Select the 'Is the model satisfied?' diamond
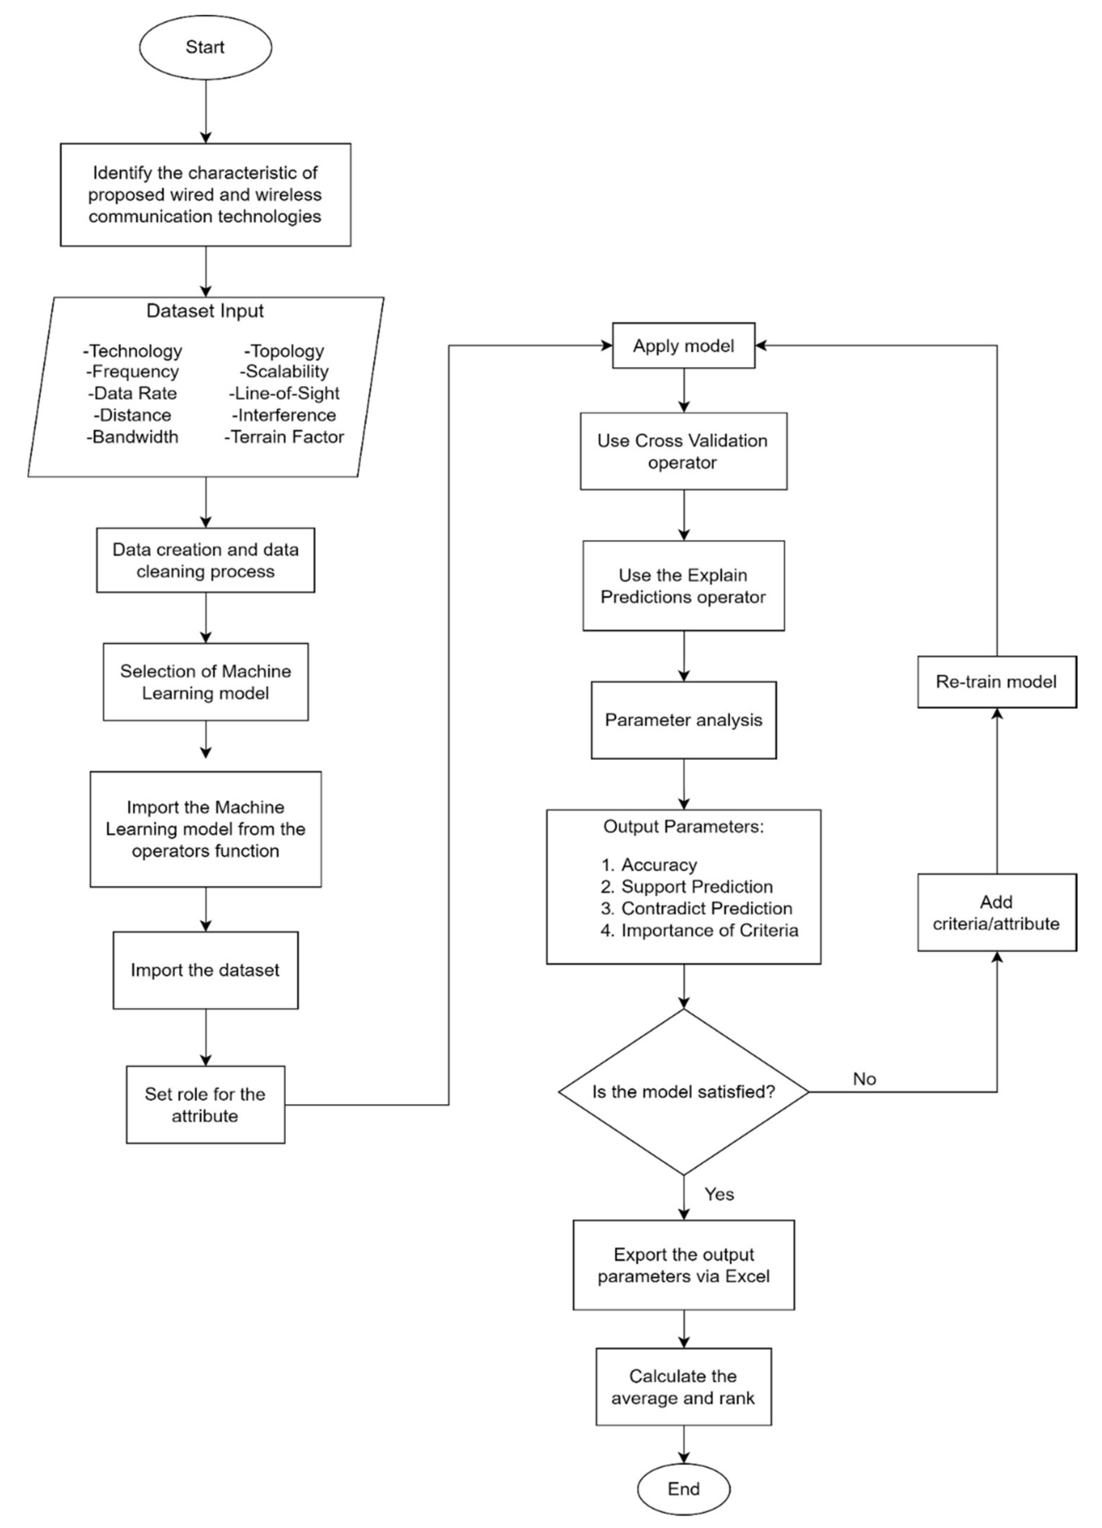point(684,1091)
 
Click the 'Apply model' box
point(684,346)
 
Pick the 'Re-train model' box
point(996,682)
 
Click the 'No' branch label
point(864,1079)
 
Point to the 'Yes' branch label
point(719,1194)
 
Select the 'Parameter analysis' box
point(684,720)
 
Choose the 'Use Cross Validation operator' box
point(684,451)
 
